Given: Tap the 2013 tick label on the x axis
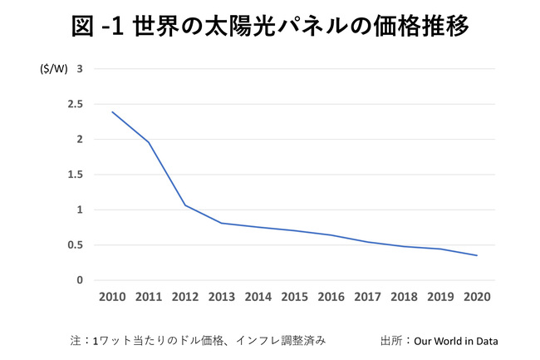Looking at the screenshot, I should click(x=223, y=297).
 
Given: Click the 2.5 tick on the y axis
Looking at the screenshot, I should click(x=76, y=104).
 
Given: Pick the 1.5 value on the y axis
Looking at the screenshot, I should click(x=76, y=175).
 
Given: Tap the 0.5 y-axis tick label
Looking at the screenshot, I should click(x=76, y=245).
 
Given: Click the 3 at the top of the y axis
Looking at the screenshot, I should click(x=80, y=69).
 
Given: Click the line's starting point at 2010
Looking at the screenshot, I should click(x=111, y=111).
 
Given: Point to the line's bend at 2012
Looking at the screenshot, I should click(x=184, y=205).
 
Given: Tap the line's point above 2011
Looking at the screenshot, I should click(x=148, y=142).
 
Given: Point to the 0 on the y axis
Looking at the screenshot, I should click(x=80, y=280).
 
